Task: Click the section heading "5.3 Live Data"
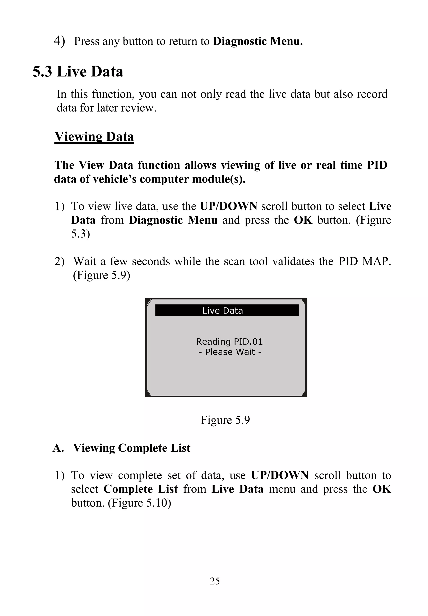(x=78, y=72)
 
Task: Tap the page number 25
(x=215, y=581)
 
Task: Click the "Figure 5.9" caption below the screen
(x=225, y=420)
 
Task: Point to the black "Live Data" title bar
(x=227, y=310)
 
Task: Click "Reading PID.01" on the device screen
(x=229, y=342)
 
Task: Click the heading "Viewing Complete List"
(x=132, y=448)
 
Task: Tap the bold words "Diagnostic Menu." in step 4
(x=258, y=41)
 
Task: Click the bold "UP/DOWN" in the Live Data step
(x=228, y=206)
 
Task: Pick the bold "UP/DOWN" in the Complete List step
(x=280, y=475)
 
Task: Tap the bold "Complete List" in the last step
(x=140, y=489)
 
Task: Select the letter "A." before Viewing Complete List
(x=58, y=448)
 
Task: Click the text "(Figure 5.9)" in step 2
(x=102, y=275)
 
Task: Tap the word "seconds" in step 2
(x=151, y=261)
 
